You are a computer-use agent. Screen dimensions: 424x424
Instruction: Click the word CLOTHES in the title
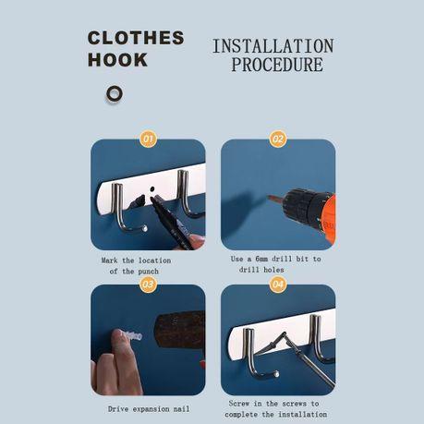point(136,38)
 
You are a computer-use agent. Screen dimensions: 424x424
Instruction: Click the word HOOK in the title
point(117,60)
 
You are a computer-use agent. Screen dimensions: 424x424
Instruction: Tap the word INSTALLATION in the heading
point(273,45)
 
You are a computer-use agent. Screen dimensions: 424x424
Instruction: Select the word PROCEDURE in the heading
point(276,65)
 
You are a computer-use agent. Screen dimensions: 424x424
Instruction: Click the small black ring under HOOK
point(115,93)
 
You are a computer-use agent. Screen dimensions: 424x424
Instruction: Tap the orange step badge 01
point(148,139)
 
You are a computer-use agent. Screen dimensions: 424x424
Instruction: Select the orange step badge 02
point(277,139)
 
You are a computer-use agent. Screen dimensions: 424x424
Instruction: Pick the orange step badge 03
point(148,285)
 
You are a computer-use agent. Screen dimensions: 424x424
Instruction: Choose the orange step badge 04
point(277,285)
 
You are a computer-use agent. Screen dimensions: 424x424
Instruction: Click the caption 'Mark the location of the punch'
point(135,265)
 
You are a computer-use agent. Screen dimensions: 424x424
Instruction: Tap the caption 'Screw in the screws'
point(275,407)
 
